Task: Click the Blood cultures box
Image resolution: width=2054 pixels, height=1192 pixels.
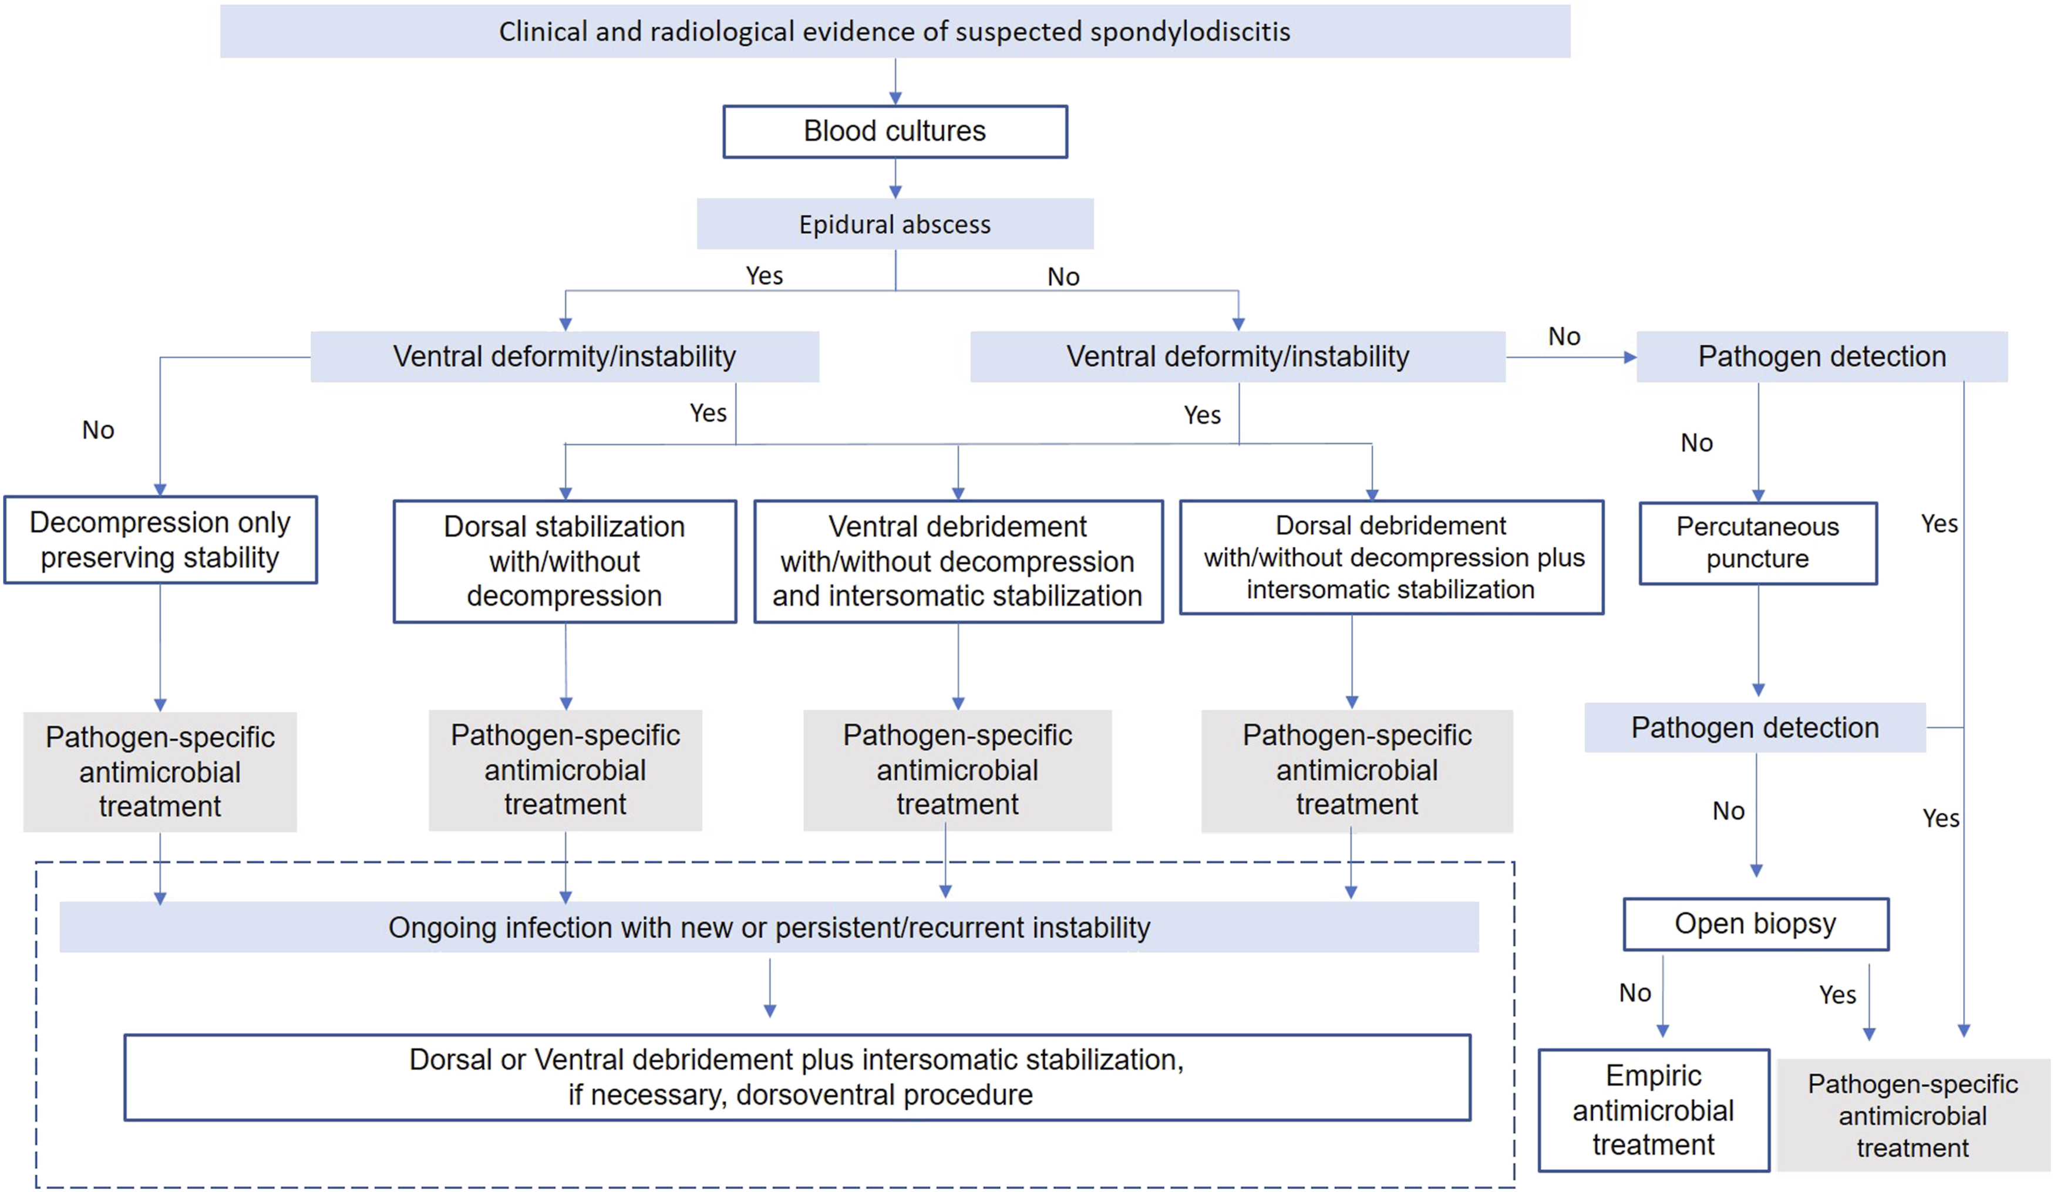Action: click(895, 132)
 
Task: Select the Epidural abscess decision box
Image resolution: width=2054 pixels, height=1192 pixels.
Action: click(895, 223)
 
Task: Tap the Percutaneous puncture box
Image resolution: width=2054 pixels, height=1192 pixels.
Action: click(1758, 543)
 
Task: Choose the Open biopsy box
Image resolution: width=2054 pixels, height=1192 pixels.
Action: click(1756, 924)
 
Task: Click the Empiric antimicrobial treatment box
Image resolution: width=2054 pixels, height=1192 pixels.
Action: click(1654, 1110)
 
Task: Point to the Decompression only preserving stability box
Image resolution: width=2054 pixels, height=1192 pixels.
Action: click(160, 540)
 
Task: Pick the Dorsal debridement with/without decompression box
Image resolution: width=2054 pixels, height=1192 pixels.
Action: click(1391, 557)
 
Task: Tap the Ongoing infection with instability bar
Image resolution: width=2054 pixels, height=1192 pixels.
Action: click(769, 927)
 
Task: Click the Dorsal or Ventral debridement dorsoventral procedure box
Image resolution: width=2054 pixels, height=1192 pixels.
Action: click(797, 1077)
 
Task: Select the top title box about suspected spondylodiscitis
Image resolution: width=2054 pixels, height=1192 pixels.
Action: click(895, 31)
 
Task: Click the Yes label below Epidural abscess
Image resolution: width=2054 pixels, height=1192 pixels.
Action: click(765, 275)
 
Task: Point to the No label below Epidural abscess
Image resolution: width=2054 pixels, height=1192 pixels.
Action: click(1063, 277)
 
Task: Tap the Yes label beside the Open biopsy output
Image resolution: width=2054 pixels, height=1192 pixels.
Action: click(1838, 995)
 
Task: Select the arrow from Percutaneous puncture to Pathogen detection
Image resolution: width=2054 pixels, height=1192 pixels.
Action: click(1759, 641)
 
